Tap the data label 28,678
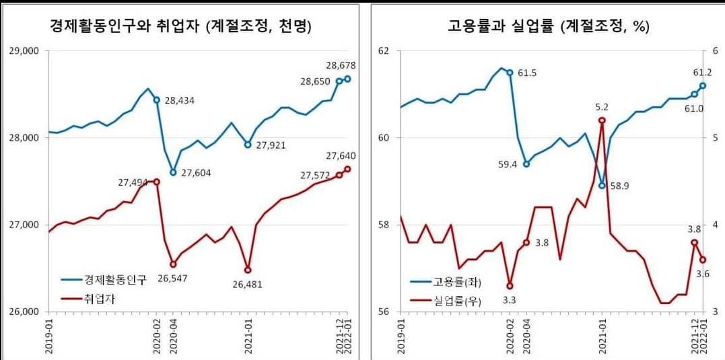341,66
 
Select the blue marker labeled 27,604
173,172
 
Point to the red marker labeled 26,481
248,270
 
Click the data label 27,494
133,182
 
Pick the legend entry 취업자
98,299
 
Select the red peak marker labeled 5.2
602,120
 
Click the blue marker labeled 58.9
602,186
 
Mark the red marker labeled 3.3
510,286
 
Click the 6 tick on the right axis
716,51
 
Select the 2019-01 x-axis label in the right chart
402,334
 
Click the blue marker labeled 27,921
248,145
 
